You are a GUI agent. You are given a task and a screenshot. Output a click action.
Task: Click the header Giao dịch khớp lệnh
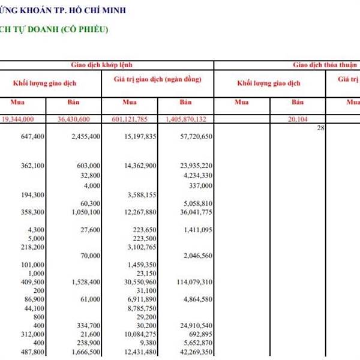107,64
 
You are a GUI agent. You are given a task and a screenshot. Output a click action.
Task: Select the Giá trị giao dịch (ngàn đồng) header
157,79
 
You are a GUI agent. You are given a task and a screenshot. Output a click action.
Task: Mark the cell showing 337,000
201,185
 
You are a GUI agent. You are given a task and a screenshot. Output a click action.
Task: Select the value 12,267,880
143,212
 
